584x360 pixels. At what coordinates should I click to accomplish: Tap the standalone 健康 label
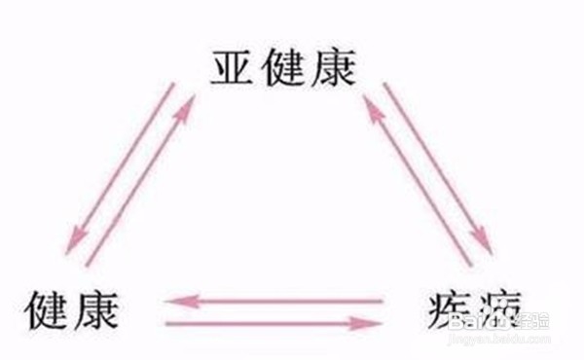[x=73, y=310]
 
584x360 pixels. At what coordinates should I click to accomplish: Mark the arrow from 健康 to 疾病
[x=272, y=322]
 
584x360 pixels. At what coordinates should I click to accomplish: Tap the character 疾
[x=444, y=311]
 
